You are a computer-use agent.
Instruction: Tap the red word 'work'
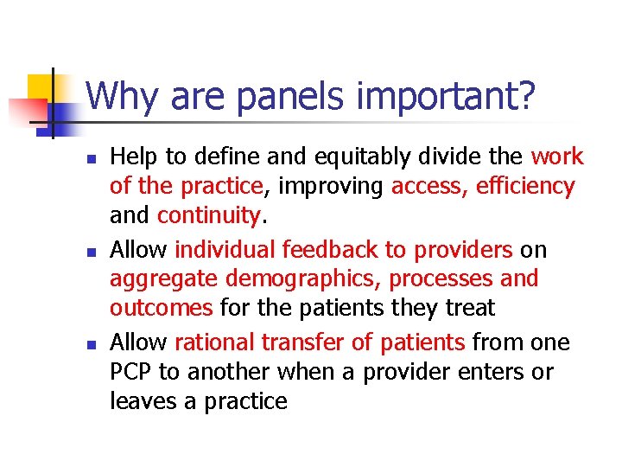[x=557, y=157]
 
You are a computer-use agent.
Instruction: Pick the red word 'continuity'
[x=208, y=216]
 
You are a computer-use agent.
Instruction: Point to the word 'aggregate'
[x=162, y=280]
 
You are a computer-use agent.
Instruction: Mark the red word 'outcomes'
[x=162, y=308]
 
